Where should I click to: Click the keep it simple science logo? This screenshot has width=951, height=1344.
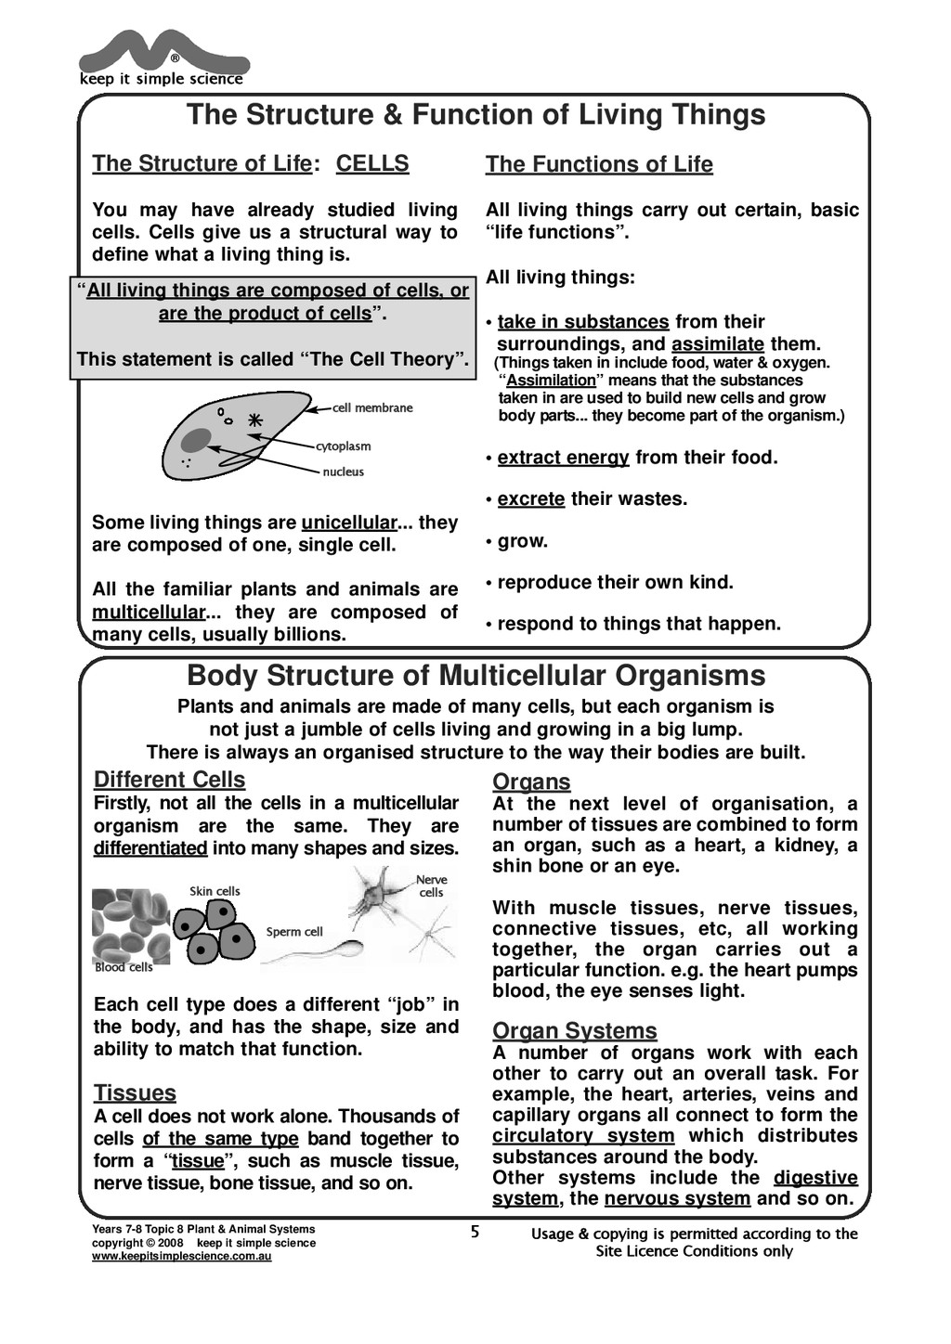163,58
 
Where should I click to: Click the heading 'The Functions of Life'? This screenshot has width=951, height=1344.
599,164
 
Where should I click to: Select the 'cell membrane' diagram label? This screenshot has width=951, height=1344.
372,407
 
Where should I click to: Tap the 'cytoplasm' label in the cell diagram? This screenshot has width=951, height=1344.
343,446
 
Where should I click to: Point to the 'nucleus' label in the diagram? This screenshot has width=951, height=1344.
343,472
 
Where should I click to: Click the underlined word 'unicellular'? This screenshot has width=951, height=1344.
349,523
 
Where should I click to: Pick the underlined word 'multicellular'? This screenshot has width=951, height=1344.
148,613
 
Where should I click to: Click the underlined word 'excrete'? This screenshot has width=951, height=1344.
531,499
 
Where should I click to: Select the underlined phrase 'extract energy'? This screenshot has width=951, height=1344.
563,458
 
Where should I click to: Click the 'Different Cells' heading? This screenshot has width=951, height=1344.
170,780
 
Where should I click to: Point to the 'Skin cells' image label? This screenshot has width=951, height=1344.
215,891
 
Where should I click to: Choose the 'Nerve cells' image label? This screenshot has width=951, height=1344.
431,885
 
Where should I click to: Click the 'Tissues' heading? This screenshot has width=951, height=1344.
135,1092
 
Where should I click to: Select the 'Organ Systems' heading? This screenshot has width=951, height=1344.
574,1031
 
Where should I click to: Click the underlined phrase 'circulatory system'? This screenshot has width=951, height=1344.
583,1136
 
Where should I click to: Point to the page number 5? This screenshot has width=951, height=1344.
475,1233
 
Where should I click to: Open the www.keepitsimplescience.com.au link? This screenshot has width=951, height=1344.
181,1257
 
